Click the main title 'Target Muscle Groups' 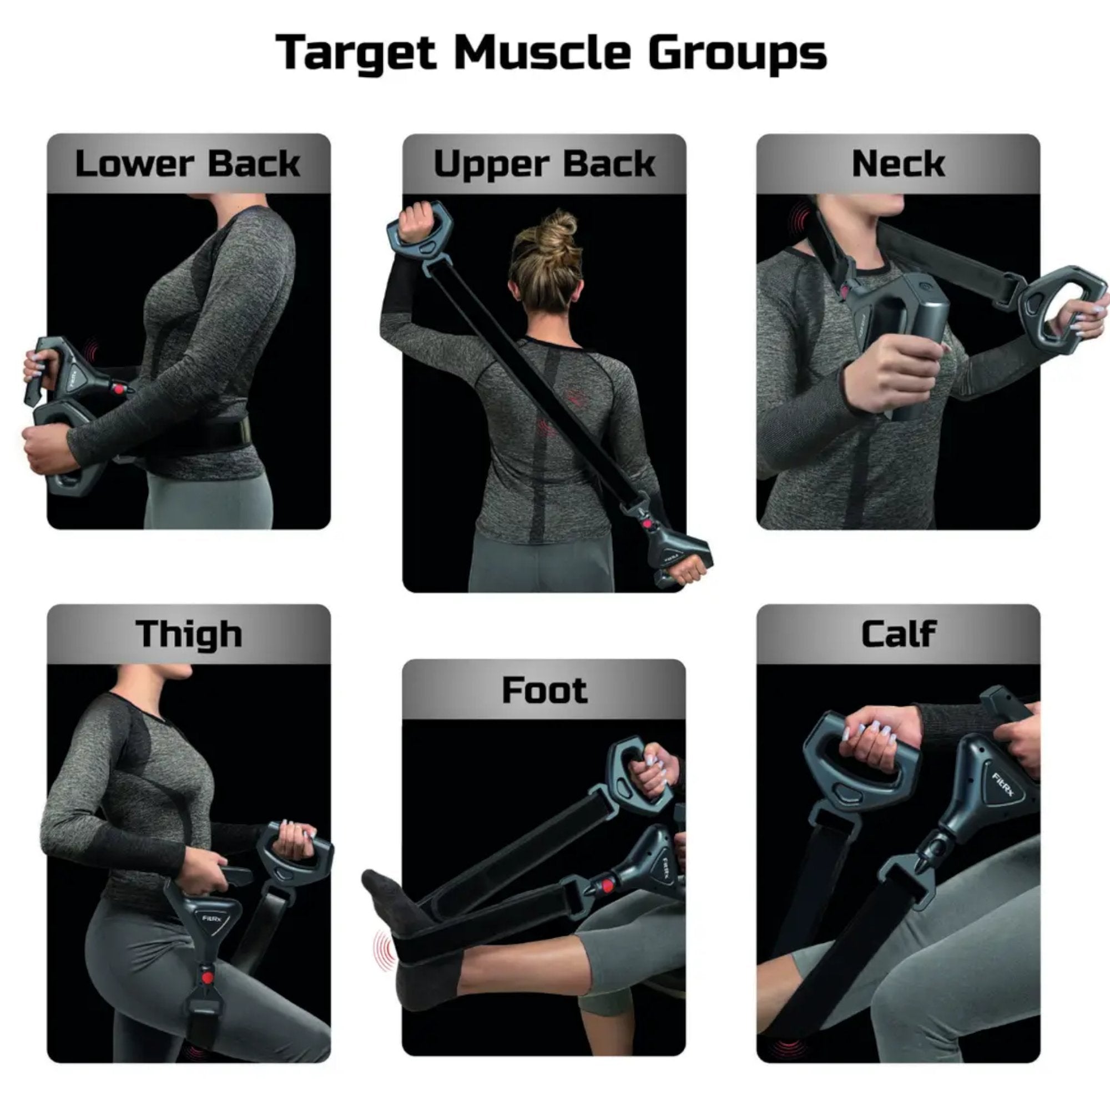pos(551,53)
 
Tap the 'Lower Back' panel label pos(188,164)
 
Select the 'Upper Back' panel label pos(544,165)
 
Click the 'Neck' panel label pos(898,164)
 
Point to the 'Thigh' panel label pos(189,634)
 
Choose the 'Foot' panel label pos(544,689)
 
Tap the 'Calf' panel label pos(899,634)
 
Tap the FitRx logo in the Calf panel pos(1002,785)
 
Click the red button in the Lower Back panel pos(119,389)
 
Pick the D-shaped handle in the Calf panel pos(860,762)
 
